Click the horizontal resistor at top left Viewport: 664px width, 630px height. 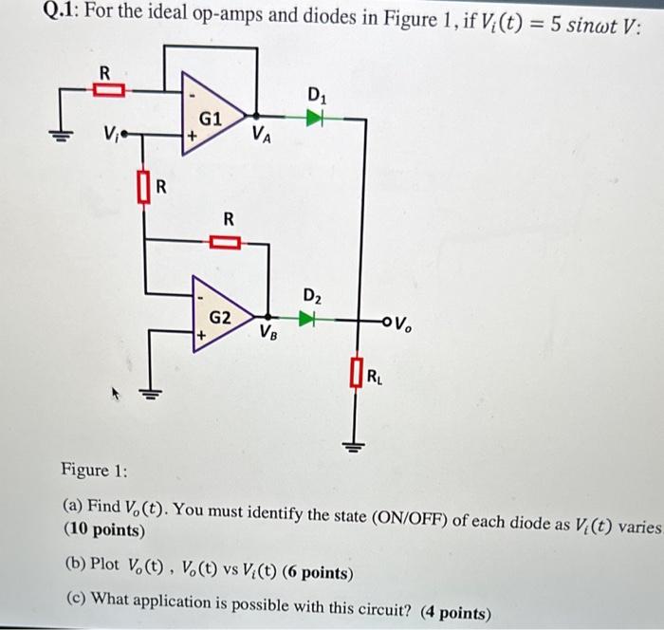[108, 90]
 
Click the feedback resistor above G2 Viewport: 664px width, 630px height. [228, 242]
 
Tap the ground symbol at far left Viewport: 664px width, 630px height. [65, 134]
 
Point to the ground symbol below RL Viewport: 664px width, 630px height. [357, 446]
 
